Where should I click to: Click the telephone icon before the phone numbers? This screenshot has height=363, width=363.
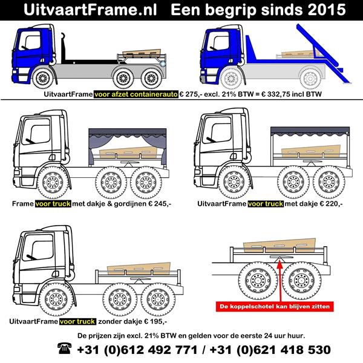(64, 350)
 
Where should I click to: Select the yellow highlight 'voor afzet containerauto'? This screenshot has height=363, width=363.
(136, 95)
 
